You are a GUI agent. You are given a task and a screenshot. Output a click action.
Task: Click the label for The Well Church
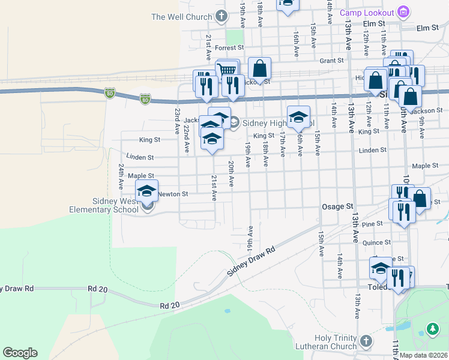(x=182, y=17)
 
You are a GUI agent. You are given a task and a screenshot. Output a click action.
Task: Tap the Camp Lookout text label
(x=366, y=13)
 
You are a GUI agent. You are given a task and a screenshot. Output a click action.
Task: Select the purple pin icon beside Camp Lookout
(x=403, y=12)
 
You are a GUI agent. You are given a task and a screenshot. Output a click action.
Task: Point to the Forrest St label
(x=230, y=47)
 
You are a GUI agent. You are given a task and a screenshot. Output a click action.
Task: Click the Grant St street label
(x=331, y=61)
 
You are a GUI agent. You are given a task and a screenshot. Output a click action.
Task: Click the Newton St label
(x=173, y=194)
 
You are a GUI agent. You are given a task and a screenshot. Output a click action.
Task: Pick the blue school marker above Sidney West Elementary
(x=146, y=191)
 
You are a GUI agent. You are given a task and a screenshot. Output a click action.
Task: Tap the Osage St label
(x=337, y=206)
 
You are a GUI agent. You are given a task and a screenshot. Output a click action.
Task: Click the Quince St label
(x=381, y=242)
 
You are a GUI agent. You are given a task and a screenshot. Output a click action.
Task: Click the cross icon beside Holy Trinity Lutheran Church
(x=366, y=341)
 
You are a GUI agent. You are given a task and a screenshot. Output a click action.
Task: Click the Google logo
(x=20, y=353)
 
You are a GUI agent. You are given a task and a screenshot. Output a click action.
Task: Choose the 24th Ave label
(x=121, y=174)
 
